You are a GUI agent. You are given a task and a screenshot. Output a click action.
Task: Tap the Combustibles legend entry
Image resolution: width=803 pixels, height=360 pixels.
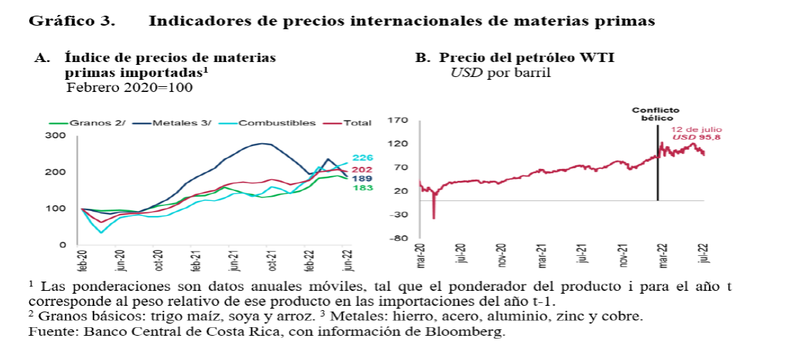[276, 123]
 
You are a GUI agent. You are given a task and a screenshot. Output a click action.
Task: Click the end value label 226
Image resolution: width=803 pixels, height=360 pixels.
[363, 158]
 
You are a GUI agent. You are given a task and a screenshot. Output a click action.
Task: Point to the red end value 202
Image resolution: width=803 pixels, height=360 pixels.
[363, 169]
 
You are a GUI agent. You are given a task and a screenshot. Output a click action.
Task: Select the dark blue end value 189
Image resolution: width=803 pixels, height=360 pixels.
[363, 178]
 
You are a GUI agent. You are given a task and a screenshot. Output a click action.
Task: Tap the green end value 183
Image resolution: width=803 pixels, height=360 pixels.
[363, 187]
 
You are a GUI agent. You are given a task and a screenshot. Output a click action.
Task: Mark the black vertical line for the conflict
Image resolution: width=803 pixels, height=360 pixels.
[657, 185]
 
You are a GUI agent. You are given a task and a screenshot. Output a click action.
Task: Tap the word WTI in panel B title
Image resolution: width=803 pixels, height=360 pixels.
[597, 58]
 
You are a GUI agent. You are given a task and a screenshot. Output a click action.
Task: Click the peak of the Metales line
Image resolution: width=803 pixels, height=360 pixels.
[265, 143]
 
